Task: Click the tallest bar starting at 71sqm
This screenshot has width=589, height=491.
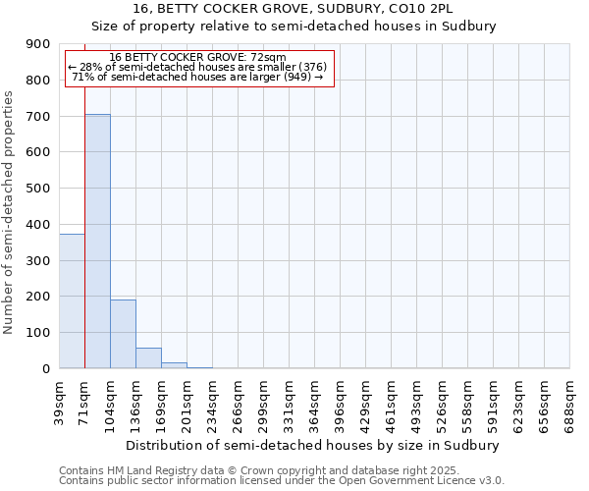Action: tap(97, 241)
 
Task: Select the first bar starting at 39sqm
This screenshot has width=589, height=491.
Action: tap(72, 300)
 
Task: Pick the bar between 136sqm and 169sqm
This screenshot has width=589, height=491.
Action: tap(148, 358)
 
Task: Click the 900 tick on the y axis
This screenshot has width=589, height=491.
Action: tap(40, 44)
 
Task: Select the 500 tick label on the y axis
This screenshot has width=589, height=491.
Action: tap(40, 189)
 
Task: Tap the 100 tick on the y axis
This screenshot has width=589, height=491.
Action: tap(40, 333)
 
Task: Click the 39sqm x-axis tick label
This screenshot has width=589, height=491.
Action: tap(60, 400)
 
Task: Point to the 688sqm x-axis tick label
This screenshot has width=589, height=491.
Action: tap(570, 400)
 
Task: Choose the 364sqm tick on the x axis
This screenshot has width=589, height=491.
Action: tap(315, 400)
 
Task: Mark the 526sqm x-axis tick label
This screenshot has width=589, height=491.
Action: tap(443, 400)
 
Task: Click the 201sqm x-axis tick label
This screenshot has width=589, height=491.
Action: tap(187, 400)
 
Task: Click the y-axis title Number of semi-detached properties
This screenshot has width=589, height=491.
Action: tap(10, 212)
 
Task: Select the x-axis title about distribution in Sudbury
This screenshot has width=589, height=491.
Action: tap(314, 445)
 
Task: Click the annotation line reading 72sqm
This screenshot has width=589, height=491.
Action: tap(198, 57)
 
